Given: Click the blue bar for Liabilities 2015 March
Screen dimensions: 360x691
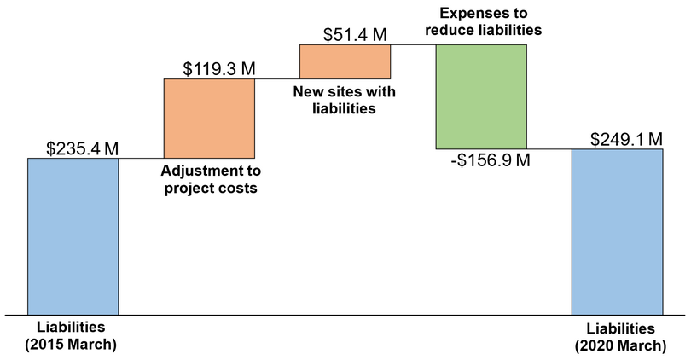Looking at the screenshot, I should click(73, 236).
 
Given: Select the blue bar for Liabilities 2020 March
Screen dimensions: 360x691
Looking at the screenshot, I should click(617, 232).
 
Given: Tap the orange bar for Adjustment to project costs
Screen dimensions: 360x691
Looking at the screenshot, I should click(209, 118).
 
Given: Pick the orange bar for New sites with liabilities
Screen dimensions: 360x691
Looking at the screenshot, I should click(345, 61).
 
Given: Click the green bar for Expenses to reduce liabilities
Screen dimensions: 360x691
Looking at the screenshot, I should click(481, 96).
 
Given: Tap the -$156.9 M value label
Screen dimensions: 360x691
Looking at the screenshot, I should click(489, 160).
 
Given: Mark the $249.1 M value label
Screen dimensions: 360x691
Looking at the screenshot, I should click(627, 138).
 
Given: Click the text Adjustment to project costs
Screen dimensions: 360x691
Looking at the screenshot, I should click(209, 178).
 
